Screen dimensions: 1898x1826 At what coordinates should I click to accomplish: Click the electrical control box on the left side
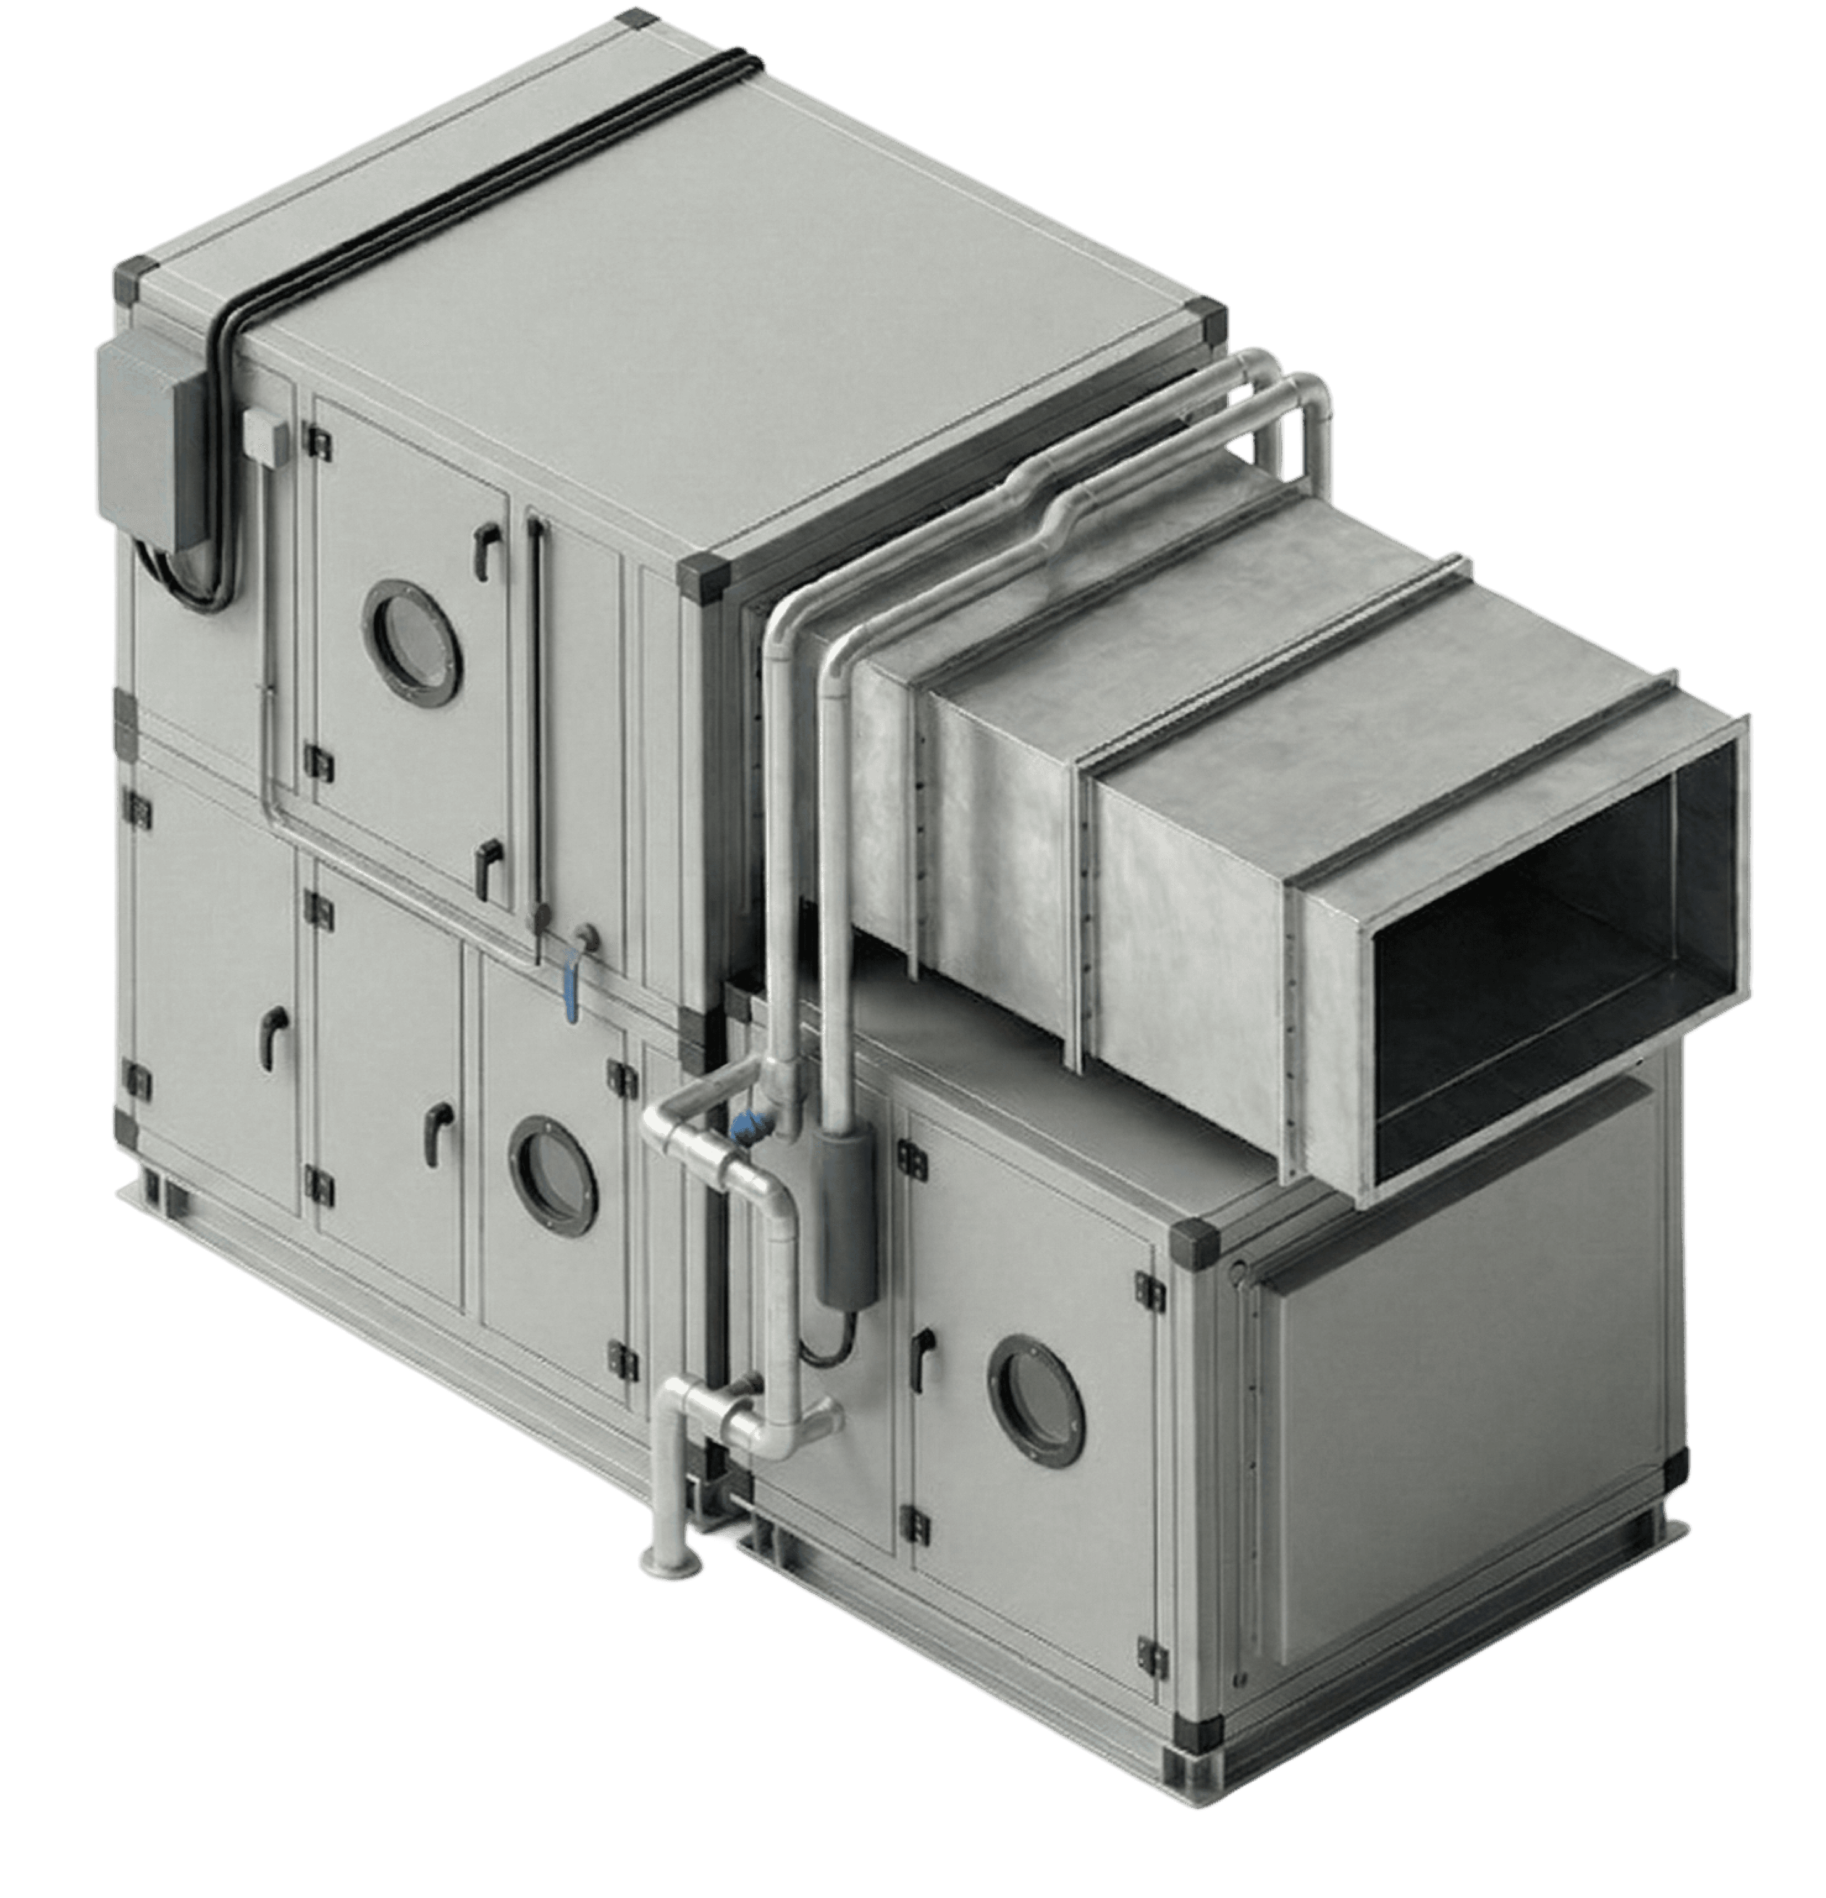(145, 445)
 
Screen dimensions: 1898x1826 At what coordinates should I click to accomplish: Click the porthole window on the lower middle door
(552, 1176)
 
